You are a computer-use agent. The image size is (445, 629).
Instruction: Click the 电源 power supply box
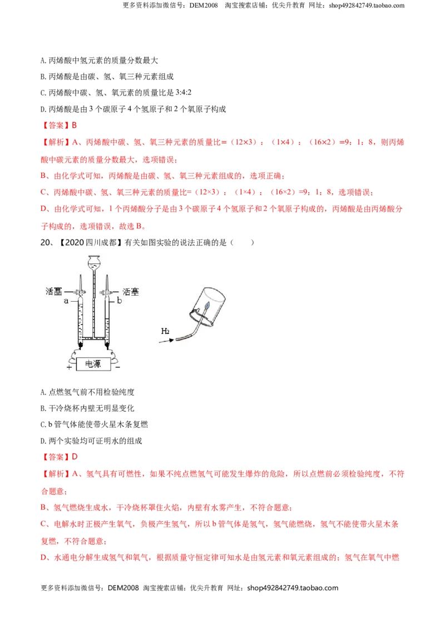pos(93,364)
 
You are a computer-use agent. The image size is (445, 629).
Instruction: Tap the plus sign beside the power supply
pos(70,367)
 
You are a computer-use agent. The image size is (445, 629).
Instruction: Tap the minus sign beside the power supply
pos(117,367)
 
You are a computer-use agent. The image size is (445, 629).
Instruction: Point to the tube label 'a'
pos(66,301)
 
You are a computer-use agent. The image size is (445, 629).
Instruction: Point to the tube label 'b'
pos(119,300)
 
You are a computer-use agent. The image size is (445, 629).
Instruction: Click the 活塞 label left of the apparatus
pos(53,291)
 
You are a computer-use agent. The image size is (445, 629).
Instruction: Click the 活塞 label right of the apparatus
pos(131,292)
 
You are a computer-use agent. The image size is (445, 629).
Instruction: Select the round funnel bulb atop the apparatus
pos(95,262)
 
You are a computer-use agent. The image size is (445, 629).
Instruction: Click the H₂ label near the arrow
pos(165,331)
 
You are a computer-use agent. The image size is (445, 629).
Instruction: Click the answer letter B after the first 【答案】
pos(75,126)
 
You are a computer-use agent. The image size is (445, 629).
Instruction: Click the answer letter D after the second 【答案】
pos(75,457)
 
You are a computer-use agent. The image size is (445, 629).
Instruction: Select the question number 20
pos(45,242)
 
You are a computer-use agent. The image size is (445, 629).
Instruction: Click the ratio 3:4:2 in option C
pos(184,92)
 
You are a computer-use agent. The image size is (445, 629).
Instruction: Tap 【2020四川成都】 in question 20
pos(90,242)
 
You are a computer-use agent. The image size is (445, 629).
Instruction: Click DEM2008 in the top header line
pos(204,6)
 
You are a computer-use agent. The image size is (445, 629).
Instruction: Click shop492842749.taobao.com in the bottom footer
pos(293,588)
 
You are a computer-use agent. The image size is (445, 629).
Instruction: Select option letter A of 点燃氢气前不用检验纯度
pos(43,392)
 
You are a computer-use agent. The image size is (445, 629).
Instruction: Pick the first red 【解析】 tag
pos(56,142)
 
